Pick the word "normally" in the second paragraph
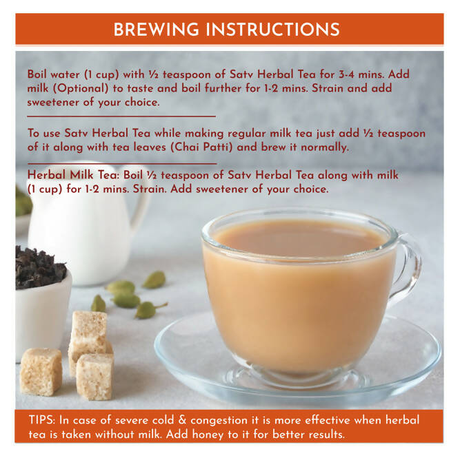(326, 147)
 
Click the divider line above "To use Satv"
(121, 116)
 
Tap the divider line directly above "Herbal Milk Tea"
(121, 163)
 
